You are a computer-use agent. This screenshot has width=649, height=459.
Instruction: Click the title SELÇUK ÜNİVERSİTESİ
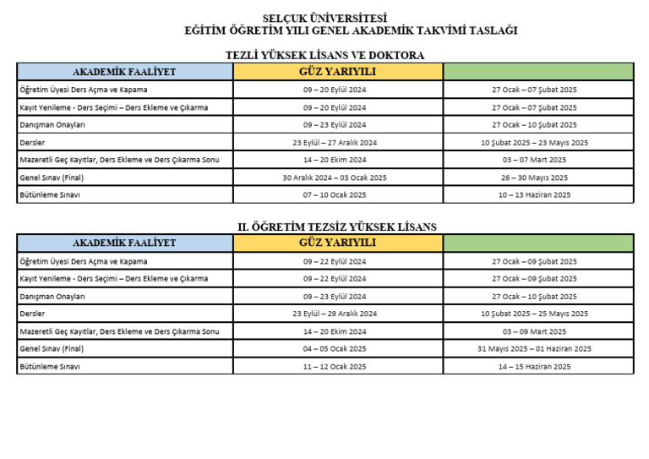324,18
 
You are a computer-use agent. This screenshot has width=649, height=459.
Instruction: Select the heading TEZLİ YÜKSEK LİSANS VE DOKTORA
324,55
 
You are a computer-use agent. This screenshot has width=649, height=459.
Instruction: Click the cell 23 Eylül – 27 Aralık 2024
335,142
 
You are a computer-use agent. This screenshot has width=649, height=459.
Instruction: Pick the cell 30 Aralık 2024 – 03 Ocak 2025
335,178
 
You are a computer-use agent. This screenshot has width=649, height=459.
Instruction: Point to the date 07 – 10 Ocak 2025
335,194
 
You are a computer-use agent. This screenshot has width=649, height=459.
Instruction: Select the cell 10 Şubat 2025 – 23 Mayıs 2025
534,142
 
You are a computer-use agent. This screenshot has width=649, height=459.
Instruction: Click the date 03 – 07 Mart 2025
534,160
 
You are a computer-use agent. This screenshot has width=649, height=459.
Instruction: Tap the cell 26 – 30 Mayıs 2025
534,178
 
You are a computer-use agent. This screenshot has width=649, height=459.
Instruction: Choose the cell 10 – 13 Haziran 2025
534,194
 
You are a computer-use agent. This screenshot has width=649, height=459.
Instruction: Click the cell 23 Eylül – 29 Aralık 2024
335,314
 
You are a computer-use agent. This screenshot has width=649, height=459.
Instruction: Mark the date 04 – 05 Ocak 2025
335,348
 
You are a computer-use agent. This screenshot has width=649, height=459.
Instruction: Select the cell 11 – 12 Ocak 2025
335,366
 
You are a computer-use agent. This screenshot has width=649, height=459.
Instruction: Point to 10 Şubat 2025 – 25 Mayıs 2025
534,314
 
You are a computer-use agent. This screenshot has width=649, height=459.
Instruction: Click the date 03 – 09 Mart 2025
534,331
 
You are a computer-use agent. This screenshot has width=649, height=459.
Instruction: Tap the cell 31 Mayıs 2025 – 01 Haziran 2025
534,348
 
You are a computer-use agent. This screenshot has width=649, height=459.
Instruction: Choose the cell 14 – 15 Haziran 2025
534,366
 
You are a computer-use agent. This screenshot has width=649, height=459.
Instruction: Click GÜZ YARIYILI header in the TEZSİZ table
337,243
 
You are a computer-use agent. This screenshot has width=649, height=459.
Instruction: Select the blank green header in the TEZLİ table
537,72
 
